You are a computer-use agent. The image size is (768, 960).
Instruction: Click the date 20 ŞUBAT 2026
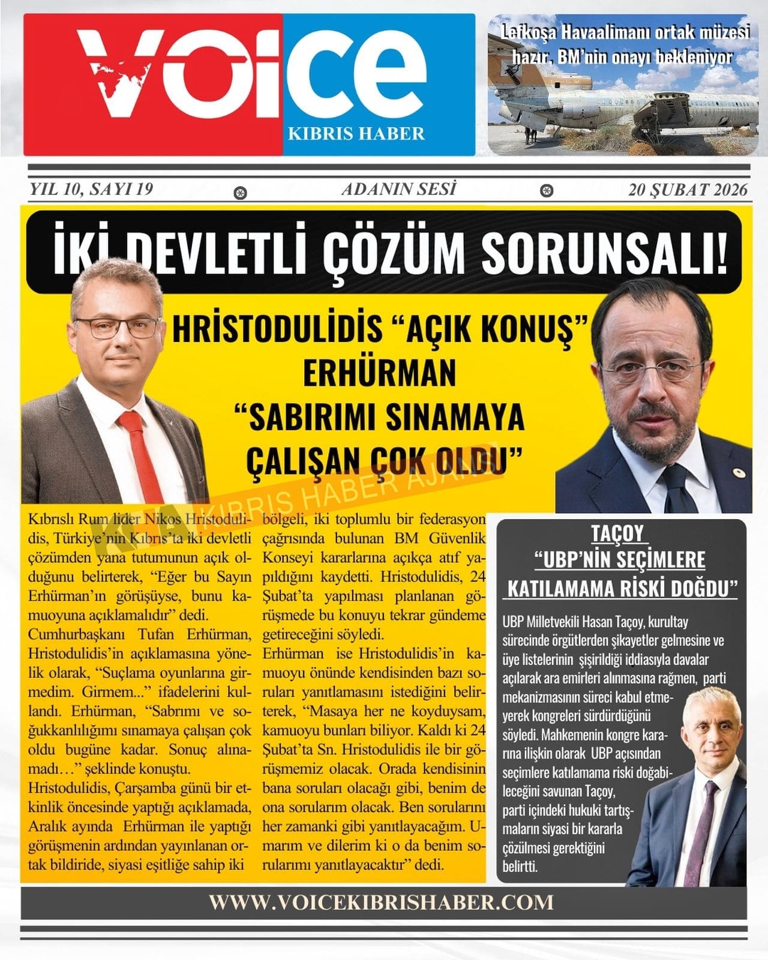click(688, 190)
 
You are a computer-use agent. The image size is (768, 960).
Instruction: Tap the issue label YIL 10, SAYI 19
click(91, 190)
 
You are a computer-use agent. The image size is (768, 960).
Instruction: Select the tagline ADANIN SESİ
click(398, 190)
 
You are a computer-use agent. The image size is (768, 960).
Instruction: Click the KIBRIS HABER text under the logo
click(356, 133)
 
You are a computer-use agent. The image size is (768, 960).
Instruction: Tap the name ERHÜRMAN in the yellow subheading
click(379, 373)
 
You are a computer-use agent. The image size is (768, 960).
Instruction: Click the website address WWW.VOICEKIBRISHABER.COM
click(382, 902)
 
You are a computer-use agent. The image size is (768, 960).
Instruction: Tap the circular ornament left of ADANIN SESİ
click(241, 193)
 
